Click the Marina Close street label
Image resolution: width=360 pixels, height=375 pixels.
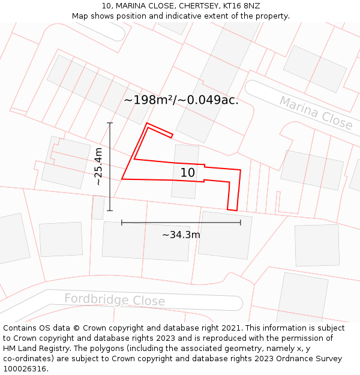(316, 112)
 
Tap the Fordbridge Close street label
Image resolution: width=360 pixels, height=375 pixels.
(115, 299)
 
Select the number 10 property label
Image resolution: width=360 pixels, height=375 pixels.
(188, 173)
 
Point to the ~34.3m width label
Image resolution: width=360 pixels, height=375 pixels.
(181, 235)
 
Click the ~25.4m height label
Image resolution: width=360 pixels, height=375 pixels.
(98, 166)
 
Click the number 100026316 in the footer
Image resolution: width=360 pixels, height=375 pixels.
(25, 369)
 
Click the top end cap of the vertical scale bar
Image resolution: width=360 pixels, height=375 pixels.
(110, 123)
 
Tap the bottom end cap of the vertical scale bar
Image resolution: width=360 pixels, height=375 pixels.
(110, 211)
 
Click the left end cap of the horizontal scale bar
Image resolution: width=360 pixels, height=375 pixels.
(122, 223)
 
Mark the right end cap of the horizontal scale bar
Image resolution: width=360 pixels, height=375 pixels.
(241, 223)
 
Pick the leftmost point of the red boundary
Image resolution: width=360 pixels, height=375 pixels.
(122, 179)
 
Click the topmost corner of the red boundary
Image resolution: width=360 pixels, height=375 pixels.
(147, 123)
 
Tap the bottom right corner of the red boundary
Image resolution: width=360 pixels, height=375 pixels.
(236, 211)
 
